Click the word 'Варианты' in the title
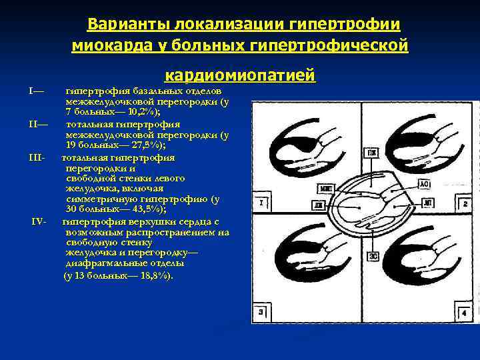(x=127, y=25)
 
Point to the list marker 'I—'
(x=37, y=90)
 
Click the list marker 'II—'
(x=38, y=123)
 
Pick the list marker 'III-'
(x=37, y=157)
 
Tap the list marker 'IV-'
(x=39, y=221)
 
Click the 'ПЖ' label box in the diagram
(x=369, y=153)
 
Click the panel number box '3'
(x=259, y=312)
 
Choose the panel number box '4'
(x=462, y=312)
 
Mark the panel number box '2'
(x=463, y=202)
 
